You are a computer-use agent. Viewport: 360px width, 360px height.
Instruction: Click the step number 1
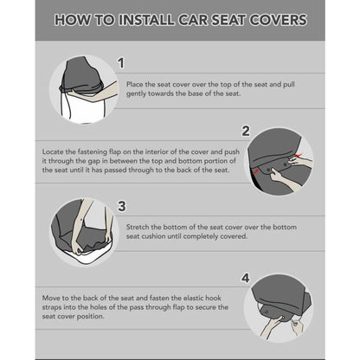(x=121, y=63)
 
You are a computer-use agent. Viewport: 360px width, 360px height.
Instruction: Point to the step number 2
(x=245, y=131)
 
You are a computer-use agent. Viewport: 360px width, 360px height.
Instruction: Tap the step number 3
(x=121, y=205)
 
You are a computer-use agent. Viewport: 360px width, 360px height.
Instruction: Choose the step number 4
(x=245, y=278)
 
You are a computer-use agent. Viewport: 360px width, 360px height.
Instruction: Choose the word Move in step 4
(x=52, y=297)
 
